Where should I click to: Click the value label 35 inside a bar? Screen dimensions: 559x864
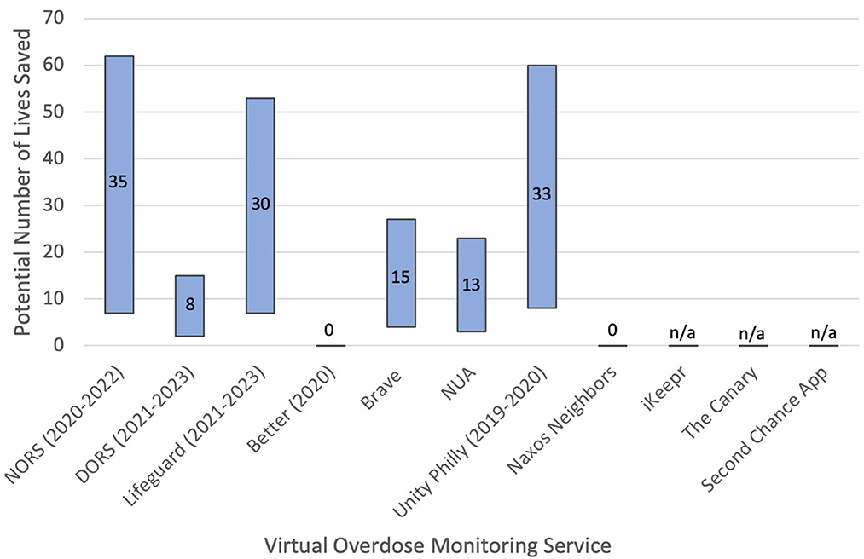pyautogui.click(x=119, y=182)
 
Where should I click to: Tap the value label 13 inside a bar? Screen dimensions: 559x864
pyautogui.click(x=472, y=285)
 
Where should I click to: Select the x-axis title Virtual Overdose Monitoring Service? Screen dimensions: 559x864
pyautogui.click(x=437, y=544)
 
